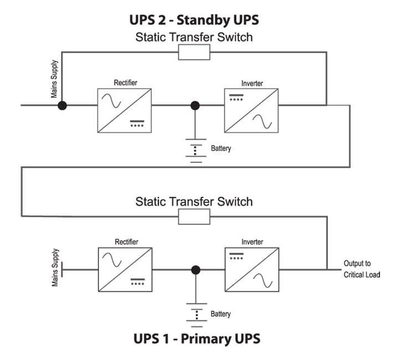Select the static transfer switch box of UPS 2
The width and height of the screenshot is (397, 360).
click(194, 53)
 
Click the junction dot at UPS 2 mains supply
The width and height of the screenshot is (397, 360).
click(63, 105)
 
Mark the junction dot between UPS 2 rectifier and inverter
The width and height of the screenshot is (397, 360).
click(194, 105)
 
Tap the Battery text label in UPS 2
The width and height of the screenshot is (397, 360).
click(221, 149)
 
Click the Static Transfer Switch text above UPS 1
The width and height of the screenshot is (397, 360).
click(194, 201)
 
